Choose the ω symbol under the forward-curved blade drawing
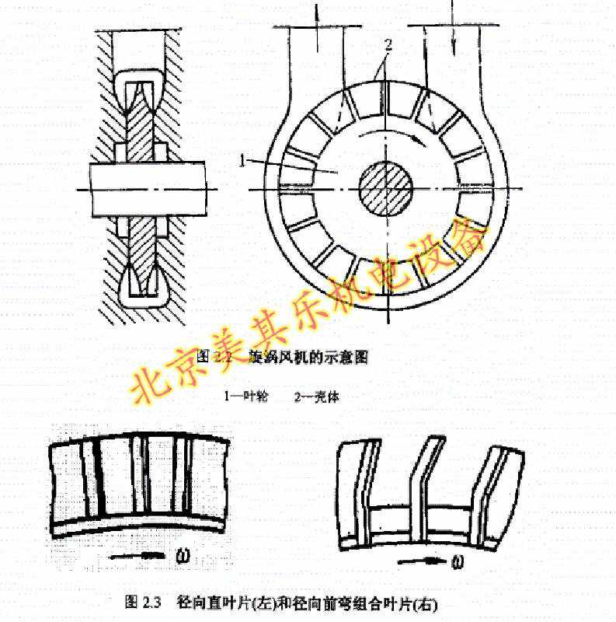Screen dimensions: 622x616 458,561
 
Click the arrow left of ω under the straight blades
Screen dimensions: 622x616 141,555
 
